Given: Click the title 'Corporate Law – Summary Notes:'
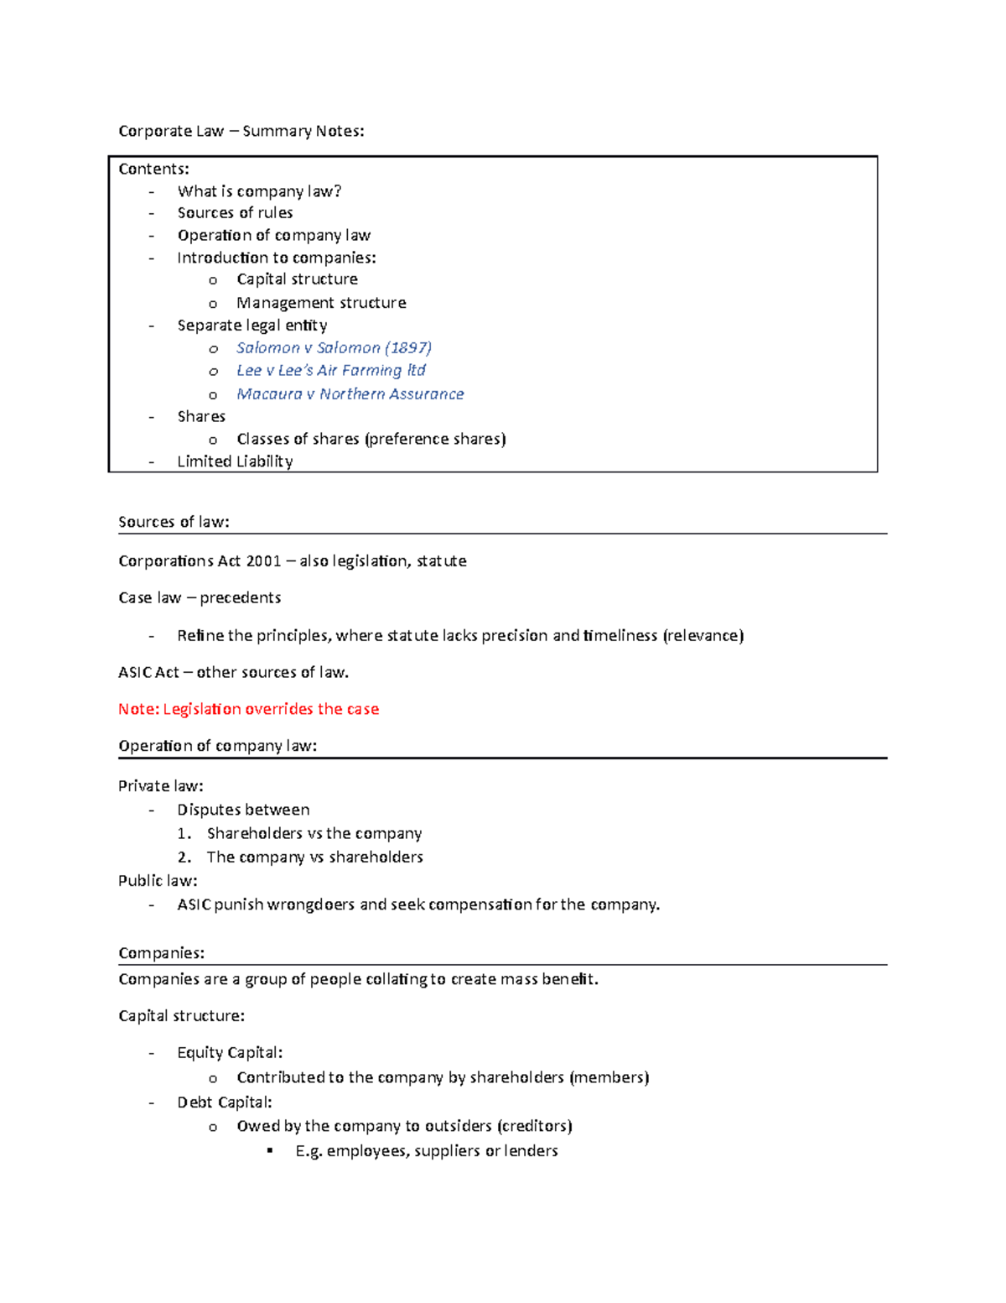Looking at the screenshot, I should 241,131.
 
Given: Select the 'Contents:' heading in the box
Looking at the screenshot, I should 153,169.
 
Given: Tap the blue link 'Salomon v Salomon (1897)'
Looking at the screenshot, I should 334,347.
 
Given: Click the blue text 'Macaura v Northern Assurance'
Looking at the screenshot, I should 350,394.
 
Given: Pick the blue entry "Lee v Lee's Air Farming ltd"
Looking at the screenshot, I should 330,370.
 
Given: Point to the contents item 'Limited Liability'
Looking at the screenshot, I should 235,461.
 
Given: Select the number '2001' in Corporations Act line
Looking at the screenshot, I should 263,560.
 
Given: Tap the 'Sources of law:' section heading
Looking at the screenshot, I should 174,522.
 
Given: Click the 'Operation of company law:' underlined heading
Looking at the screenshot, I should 217,746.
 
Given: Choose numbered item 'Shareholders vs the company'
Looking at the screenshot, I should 314,833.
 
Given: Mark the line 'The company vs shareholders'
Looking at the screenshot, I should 314,857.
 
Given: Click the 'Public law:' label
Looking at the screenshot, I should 158,880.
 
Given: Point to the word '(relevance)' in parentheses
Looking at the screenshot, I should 703,635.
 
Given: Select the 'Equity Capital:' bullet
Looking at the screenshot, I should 230,1052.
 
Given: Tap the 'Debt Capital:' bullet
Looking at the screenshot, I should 224,1102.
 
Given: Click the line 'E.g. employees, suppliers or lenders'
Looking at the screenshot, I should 426,1150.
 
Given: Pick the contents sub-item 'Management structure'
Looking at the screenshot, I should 321,302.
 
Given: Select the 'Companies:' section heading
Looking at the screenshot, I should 161,953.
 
